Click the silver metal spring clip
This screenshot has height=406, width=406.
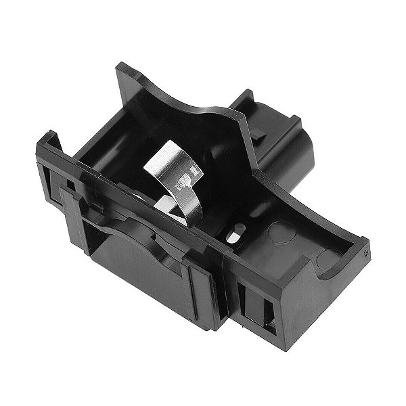[x=177, y=180]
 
